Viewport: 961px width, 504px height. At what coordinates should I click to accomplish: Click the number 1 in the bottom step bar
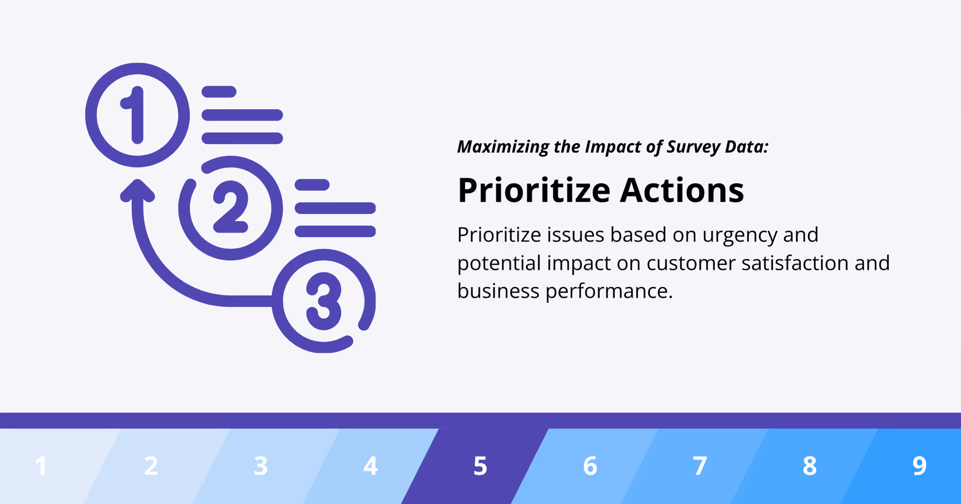pos(41,466)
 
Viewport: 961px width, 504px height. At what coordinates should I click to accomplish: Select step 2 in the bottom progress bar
pos(151,466)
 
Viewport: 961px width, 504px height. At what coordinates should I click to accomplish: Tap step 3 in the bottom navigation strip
pos(261,466)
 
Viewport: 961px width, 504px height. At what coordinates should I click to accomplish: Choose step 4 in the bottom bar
pos(371,466)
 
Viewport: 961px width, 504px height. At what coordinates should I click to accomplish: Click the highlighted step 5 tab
pos(480,466)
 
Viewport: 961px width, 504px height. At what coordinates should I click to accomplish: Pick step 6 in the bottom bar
pos(590,466)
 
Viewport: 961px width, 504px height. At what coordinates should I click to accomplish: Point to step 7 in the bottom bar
pos(700,466)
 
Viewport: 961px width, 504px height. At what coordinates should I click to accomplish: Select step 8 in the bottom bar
pos(810,466)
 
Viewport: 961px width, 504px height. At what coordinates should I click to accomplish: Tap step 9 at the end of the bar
pos(919,466)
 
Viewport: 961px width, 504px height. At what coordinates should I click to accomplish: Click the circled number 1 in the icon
pos(137,115)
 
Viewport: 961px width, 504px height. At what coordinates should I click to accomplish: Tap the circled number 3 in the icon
pos(324,301)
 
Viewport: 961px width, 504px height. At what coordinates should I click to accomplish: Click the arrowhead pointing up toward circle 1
pos(137,191)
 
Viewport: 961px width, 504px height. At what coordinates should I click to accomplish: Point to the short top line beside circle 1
pos(219,91)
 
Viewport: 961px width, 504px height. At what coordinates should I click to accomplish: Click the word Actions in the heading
pos(682,190)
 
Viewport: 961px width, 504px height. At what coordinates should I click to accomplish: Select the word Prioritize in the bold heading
pos(534,190)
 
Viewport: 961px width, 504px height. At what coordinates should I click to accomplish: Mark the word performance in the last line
pos(609,291)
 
